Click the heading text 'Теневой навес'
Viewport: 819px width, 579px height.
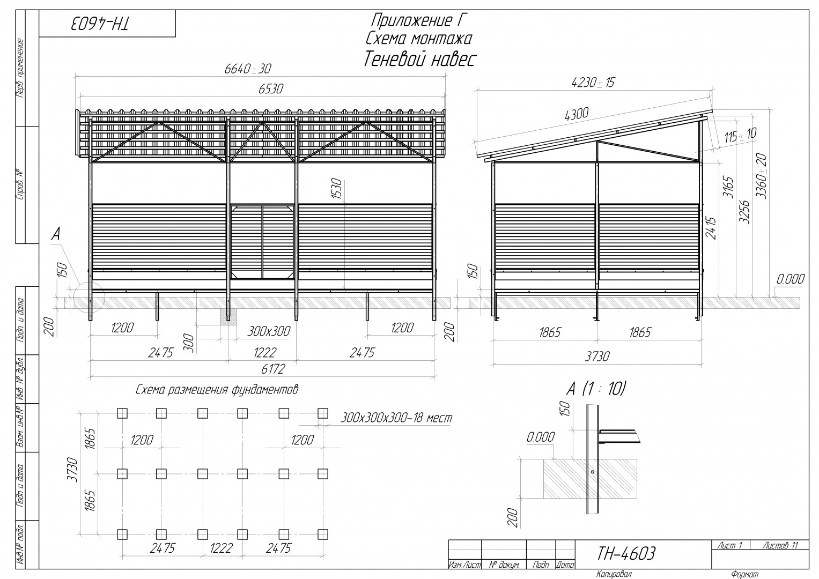pos(419,60)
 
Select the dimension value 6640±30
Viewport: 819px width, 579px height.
pos(248,69)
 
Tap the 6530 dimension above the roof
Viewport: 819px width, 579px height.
pos(270,89)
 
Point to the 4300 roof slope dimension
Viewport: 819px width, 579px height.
pos(577,114)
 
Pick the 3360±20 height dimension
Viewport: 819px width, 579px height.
pos(762,176)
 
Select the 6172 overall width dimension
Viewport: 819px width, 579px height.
pos(273,369)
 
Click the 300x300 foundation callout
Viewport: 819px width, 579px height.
pos(269,331)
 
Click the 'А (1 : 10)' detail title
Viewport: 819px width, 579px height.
pos(595,389)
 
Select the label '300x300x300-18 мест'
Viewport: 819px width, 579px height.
pos(396,418)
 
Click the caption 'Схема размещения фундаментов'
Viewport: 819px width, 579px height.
pos(217,390)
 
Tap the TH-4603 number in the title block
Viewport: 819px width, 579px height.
pos(626,554)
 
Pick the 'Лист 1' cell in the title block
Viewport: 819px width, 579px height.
pos(729,545)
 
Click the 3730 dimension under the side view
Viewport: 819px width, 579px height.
pos(597,356)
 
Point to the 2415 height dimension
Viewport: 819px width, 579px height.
pos(711,228)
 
